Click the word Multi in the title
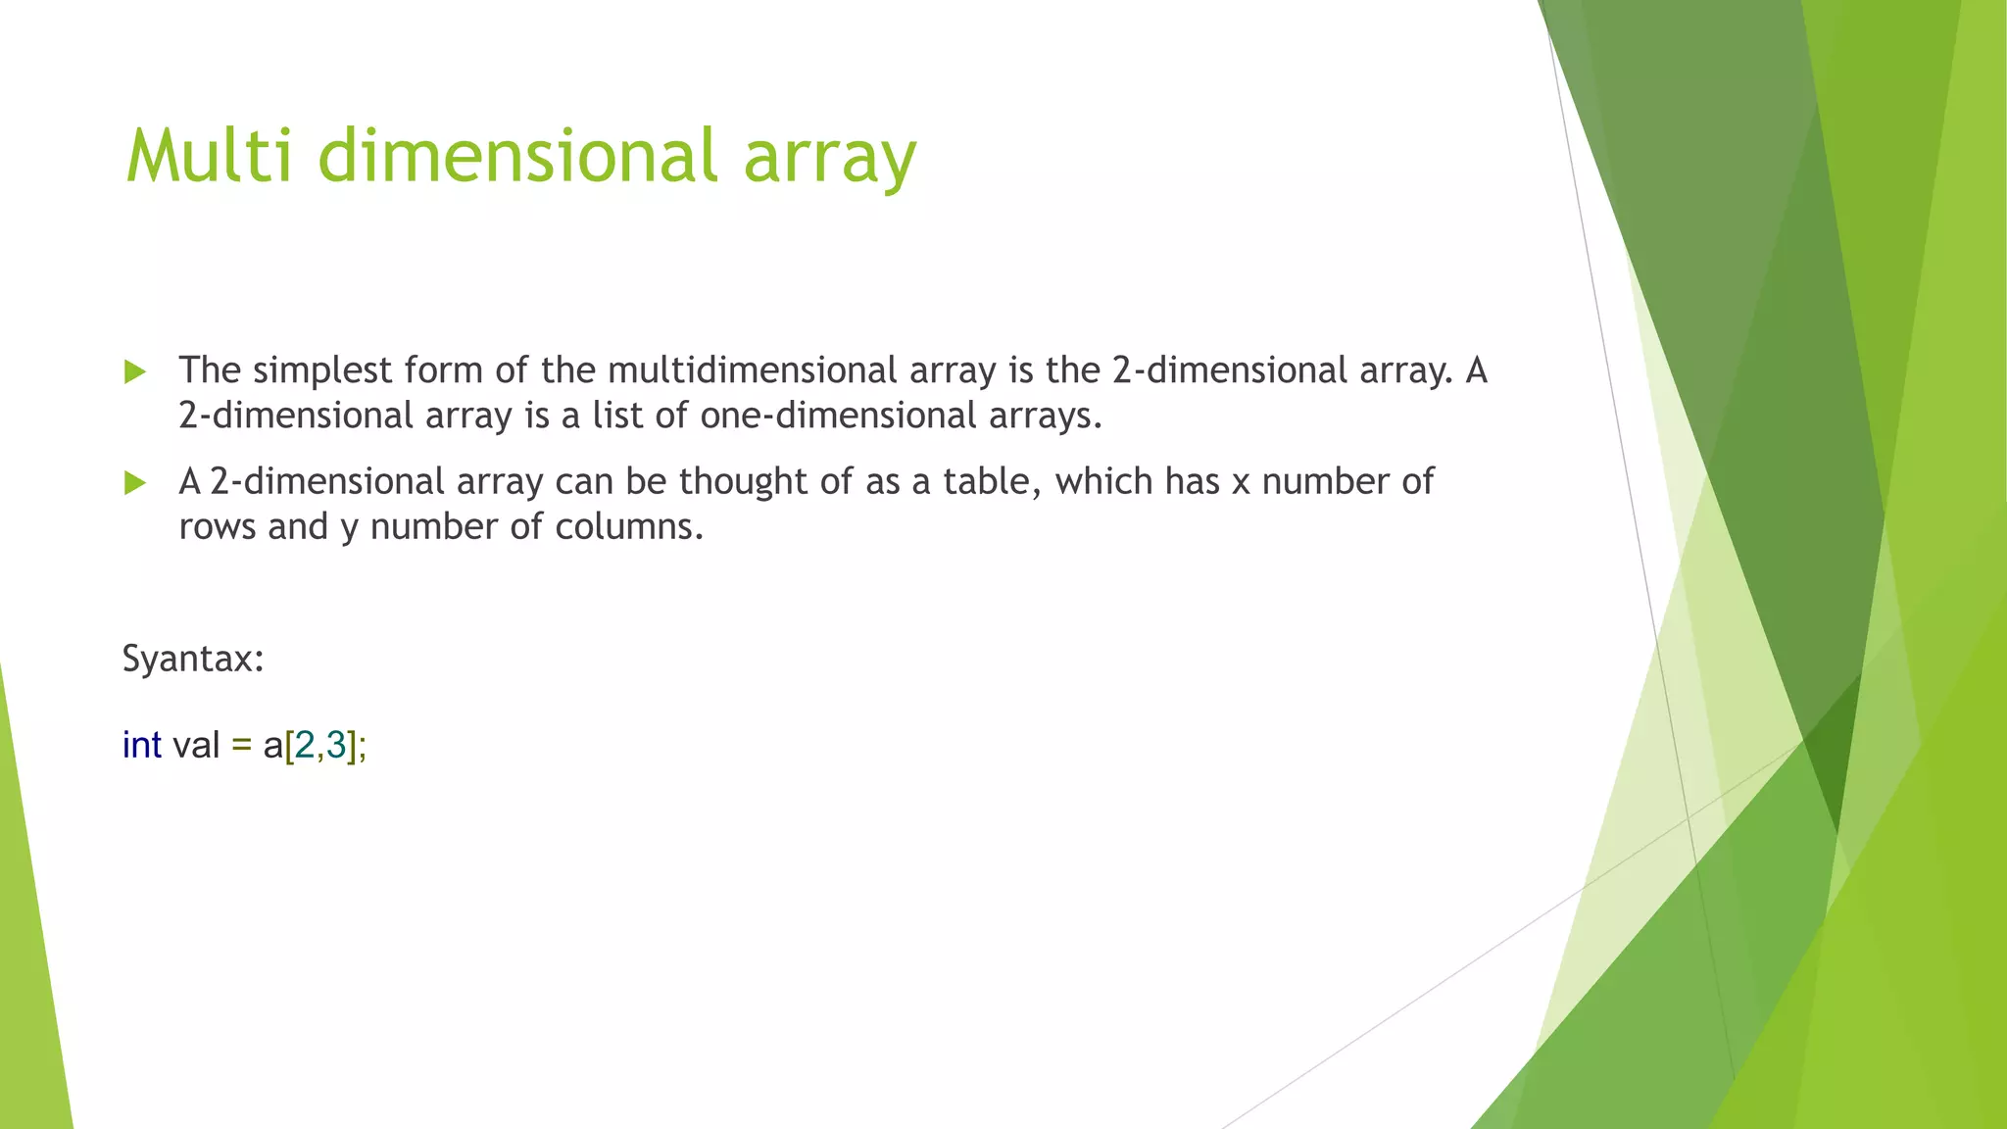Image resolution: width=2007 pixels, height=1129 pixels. pos(209,156)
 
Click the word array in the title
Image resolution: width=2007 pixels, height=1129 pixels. pos(829,159)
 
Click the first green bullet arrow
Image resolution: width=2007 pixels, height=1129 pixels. pos(135,371)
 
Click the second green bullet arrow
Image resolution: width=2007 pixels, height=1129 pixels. pos(135,482)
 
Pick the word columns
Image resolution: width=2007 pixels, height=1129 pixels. pos(628,527)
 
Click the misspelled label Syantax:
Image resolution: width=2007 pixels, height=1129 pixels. pos(193,659)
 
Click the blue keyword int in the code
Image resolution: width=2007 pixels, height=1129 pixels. pos(141,745)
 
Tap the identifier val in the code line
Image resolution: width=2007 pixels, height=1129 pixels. pos(196,745)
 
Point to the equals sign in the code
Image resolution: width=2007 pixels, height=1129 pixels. pos(241,746)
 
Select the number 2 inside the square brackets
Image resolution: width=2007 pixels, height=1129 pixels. pos(305,746)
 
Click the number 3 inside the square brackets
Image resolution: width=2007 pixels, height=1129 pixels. pos(336,746)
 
